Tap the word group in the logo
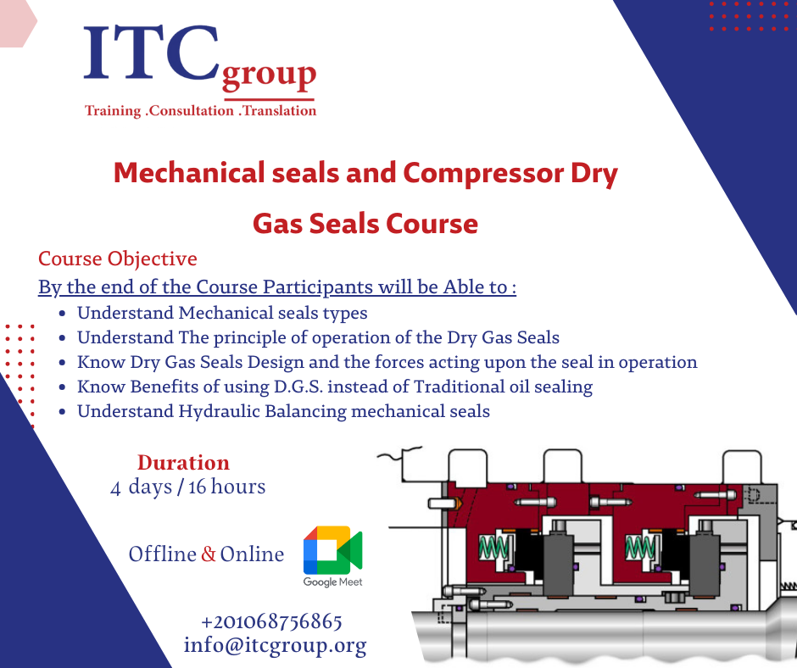269,77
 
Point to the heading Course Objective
117,259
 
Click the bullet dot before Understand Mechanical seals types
64,314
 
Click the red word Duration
183,463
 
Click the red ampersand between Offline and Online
209,554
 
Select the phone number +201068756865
272,621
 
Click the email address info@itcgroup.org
275,645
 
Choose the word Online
252,554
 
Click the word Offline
163,554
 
